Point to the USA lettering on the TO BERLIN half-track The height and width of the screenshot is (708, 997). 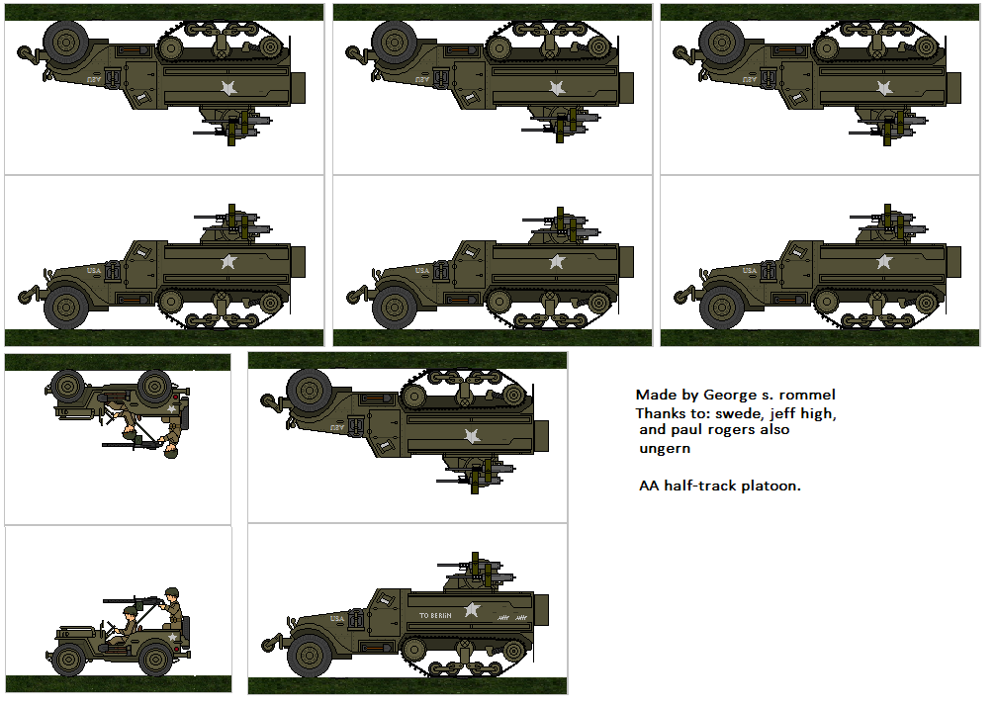(x=338, y=618)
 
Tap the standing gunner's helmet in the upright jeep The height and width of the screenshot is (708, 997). (x=172, y=593)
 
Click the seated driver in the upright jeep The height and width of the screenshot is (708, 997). (x=128, y=622)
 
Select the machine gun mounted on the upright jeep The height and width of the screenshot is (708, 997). (x=134, y=599)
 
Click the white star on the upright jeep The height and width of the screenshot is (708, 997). (x=174, y=638)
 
